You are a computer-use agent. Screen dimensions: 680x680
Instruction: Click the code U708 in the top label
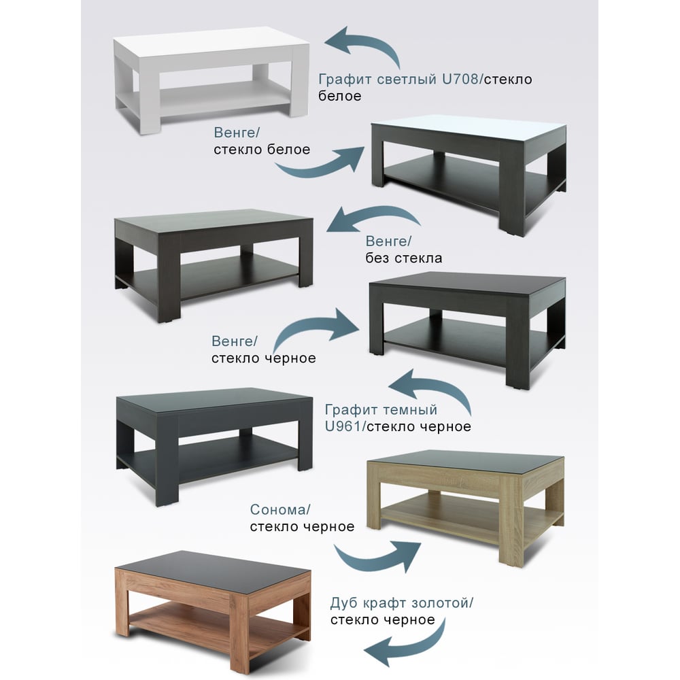pyautogui.click(x=460, y=80)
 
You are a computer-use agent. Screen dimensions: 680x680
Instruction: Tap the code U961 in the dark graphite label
pyautogui.click(x=343, y=426)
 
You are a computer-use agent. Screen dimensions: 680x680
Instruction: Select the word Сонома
pyautogui.click(x=278, y=509)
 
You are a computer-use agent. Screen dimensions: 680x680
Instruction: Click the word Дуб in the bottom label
pyautogui.click(x=344, y=602)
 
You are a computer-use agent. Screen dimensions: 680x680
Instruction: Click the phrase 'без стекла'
pyautogui.click(x=404, y=258)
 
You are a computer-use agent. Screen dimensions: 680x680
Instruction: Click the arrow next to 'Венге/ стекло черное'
pyautogui.click(x=312, y=325)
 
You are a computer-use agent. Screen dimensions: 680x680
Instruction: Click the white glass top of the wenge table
pyautogui.click(x=469, y=126)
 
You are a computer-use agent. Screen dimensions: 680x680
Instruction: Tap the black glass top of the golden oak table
pyautogui.click(x=212, y=567)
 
